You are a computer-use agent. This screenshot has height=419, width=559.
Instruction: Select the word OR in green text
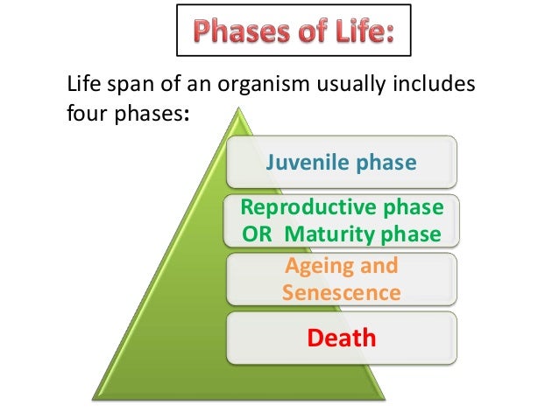click(254, 234)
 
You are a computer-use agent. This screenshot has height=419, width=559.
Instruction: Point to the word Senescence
click(342, 291)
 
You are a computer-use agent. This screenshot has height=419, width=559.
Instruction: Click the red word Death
click(341, 337)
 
